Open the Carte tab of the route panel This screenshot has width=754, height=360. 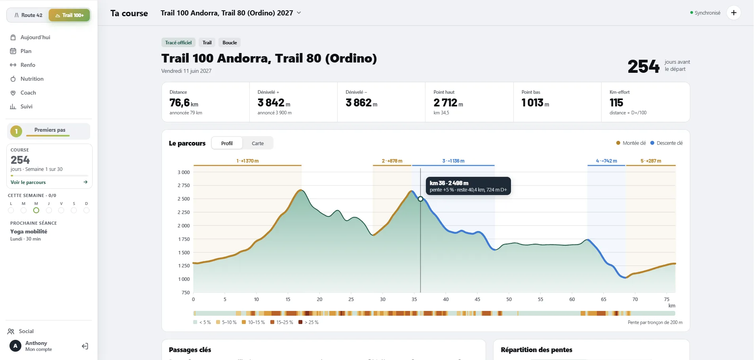[258, 143]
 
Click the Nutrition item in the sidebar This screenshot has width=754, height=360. [32, 79]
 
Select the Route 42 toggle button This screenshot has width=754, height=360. [28, 15]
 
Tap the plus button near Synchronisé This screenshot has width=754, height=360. [733, 13]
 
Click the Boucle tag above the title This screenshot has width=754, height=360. [230, 43]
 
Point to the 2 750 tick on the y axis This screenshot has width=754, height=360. [184, 186]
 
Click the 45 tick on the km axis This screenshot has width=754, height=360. [477, 299]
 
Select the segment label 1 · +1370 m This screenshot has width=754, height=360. [247, 161]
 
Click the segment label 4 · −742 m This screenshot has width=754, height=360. [606, 161]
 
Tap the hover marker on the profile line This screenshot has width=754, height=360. [420, 199]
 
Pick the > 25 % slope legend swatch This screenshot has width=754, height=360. [300, 322]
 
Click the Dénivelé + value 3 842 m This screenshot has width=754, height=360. [274, 103]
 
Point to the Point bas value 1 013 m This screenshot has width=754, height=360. [535, 103]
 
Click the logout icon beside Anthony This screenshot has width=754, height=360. [85, 347]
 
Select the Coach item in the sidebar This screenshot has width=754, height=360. [28, 93]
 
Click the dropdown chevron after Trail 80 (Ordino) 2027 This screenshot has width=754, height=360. [299, 13]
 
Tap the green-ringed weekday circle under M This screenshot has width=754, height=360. [36, 210]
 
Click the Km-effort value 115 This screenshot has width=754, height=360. [616, 103]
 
